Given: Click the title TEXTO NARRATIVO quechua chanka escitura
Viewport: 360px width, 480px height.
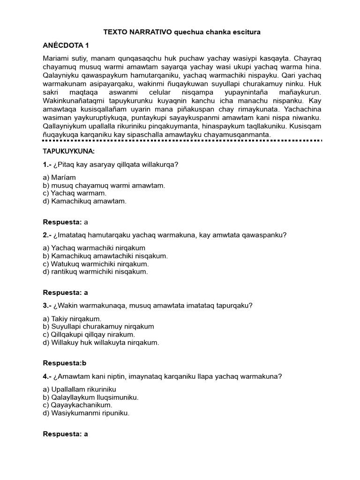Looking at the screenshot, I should click(x=181, y=32).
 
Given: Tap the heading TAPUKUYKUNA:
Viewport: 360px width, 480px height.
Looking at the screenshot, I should click(x=68, y=151).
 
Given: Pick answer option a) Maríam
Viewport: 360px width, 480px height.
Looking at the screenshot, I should click(x=59, y=177).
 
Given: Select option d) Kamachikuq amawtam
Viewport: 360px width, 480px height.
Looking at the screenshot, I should click(x=84, y=201).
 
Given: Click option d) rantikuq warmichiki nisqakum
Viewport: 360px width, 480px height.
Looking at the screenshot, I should click(x=95, y=271).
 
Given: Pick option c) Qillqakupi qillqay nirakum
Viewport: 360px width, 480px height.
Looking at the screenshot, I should click(x=89, y=335).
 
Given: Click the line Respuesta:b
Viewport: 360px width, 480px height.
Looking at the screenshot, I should click(x=65, y=363).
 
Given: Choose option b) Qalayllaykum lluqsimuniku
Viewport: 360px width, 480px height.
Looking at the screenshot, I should click(x=90, y=397).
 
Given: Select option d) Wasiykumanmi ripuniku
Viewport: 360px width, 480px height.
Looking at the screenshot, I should click(x=86, y=413).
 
